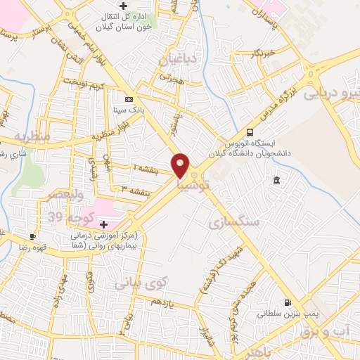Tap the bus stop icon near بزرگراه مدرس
click(250, 131)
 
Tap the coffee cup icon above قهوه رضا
click(32, 236)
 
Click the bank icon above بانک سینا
click(129, 99)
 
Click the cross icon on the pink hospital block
click(104, 224)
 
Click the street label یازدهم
click(162, 302)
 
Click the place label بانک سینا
click(129, 110)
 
